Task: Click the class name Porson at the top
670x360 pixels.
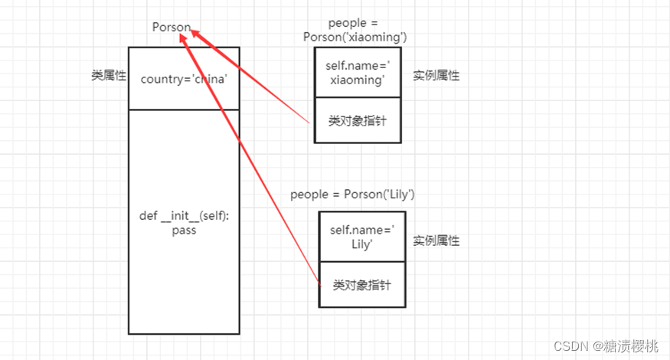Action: point(171,28)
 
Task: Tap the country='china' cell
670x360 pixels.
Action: point(184,78)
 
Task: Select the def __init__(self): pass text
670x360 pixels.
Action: point(184,223)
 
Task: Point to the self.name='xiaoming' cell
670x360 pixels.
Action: point(358,73)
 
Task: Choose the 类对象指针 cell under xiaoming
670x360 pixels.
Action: point(358,121)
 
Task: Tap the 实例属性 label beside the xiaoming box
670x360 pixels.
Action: point(436,76)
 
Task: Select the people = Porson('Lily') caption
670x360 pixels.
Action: point(352,195)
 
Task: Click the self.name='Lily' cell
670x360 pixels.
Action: point(362,237)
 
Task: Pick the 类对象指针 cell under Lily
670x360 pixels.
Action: point(362,285)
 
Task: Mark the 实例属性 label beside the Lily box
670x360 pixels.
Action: point(436,241)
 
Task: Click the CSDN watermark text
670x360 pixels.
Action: point(571,346)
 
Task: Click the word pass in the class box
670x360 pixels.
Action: point(184,230)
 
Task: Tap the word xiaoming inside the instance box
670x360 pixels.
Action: point(358,80)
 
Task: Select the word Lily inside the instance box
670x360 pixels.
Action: point(362,244)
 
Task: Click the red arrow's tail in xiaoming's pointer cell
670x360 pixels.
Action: point(308,123)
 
